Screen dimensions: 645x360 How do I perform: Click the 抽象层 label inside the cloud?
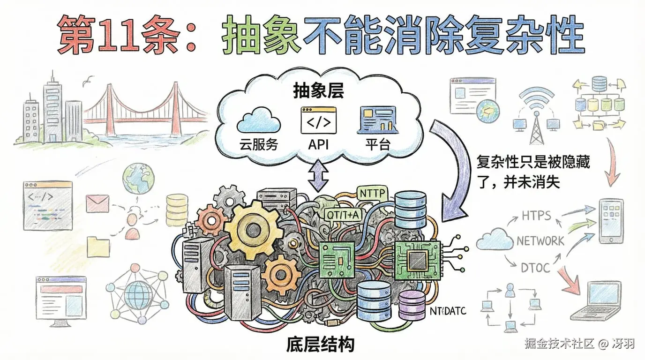(318, 91)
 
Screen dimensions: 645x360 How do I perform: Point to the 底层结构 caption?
(320, 345)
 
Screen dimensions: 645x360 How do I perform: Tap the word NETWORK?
(540, 241)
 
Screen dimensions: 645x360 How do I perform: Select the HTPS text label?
(536, 216)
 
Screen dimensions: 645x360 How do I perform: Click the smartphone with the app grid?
(610, 221)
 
